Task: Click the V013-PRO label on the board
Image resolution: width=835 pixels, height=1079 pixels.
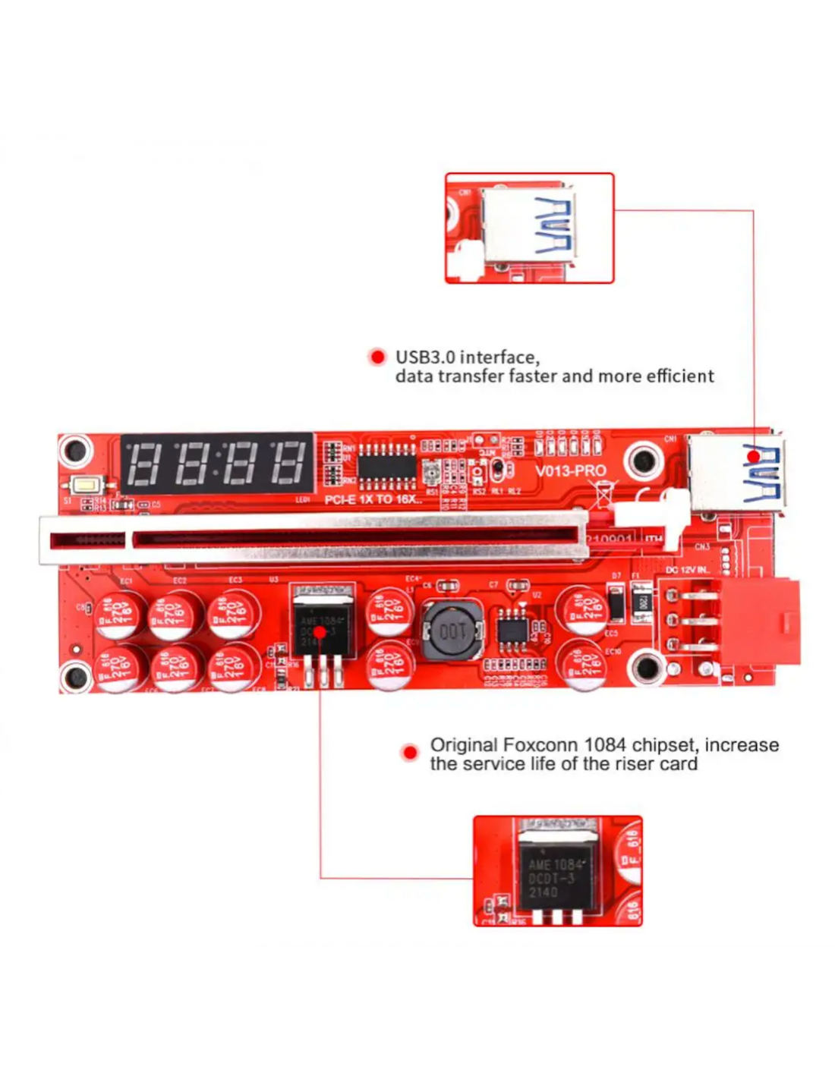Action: (x=570, y=470)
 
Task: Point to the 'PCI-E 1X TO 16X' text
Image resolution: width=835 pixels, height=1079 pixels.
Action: (x=373, y=499)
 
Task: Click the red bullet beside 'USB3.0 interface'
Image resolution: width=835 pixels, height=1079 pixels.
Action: (x=377, y=357)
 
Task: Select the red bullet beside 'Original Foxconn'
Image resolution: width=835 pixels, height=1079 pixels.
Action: (x=410, y=753)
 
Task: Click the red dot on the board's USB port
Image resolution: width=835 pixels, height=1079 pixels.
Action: (x=752, y=456)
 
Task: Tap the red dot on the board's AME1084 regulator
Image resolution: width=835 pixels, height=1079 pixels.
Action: (x=320, y=631)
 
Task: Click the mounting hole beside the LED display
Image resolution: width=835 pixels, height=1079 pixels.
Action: (x=76, y=451)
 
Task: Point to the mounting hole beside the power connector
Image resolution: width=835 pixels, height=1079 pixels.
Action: (x=647, y=668)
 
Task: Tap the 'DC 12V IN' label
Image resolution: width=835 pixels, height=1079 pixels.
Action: (x=688, y=569)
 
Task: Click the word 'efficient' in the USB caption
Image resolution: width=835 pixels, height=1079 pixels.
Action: (x=680, y=376)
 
